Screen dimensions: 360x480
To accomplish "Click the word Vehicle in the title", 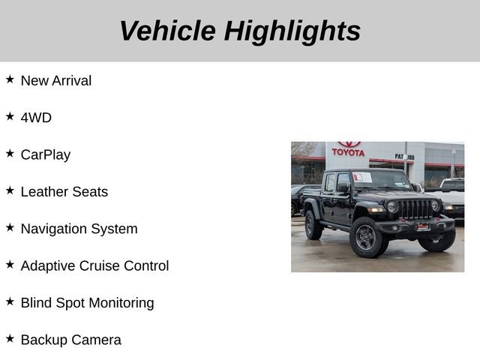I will (x=167, y=31).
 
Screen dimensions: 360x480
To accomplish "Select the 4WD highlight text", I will (x=36, y=118).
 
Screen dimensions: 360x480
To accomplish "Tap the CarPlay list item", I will (x=46, y=154).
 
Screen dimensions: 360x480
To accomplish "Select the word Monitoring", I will (x=118, y=303).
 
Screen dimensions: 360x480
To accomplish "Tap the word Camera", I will (x=96, y=340).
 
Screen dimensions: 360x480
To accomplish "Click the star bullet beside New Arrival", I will (x=10, y=79).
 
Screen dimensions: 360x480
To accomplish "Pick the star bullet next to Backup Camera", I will (x=10, y=339).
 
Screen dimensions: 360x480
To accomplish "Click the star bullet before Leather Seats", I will (x=10, y=190).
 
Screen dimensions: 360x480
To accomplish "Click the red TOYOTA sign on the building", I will (x=348, y=151).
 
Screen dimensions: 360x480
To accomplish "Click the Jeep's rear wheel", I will (x=313, y=225).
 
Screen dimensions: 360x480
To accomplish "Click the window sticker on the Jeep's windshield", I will (x=362, y=178).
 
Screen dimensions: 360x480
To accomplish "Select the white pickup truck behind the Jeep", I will (x=452, y=193).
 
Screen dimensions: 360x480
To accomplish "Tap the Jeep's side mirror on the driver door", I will (x=342, y=188).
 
